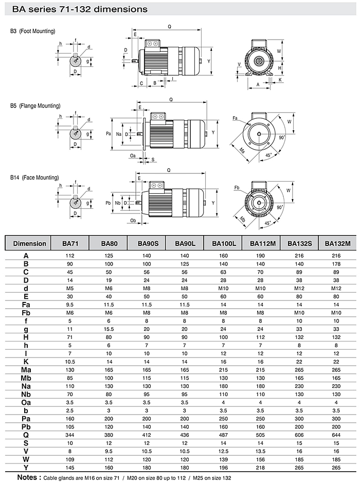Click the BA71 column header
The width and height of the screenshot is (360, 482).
click(x=70, y=243)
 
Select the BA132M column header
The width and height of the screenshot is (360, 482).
click(x=337, y=243)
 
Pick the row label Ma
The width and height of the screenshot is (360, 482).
click(x=26, y=369)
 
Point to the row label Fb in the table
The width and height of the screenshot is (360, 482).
click(x=26, y=313)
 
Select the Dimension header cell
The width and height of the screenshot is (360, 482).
click(x=29, y=243)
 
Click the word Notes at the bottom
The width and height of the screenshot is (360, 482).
click(x=26, y=476)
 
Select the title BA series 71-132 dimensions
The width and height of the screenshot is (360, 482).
click(x=76, y=9)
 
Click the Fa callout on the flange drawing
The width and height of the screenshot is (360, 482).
click(x=235, y=119)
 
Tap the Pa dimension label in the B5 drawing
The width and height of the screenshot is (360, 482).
click(x=109, y=133)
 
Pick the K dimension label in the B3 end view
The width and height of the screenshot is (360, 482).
click(x=280, y=80)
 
